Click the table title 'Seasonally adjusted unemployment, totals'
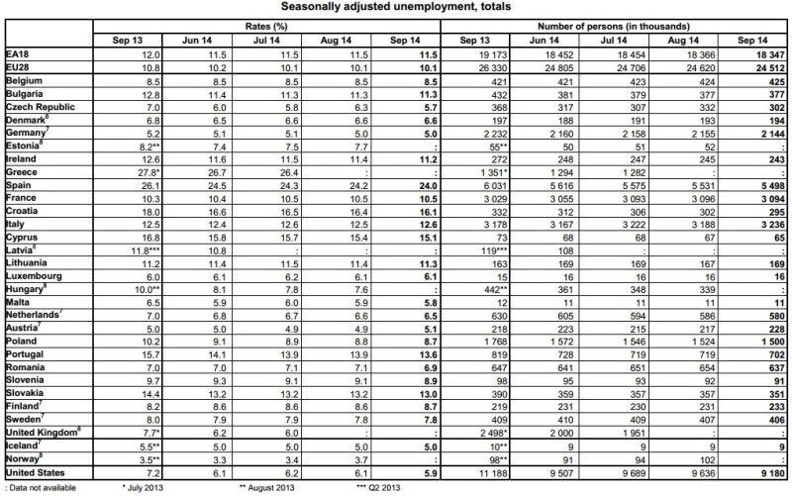pyautogui.click(x=396, y=9)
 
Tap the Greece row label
pyautogui.click(x=22, y=171)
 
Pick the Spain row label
pyautogui.click(x=20, y=184)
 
